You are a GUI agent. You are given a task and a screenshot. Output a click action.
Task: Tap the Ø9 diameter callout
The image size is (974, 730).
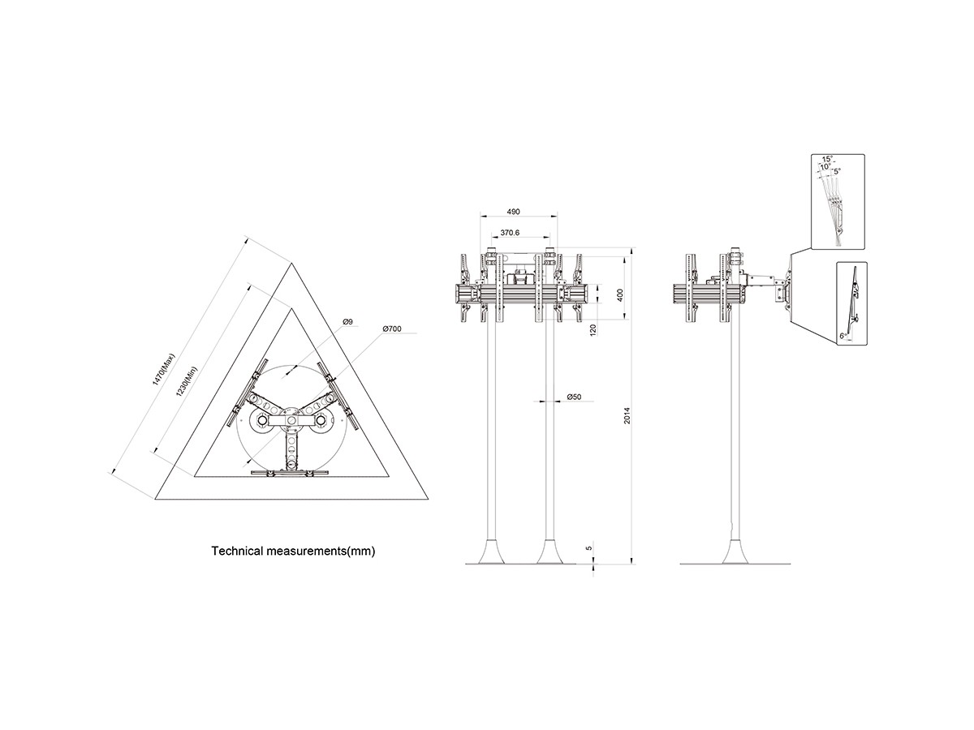347,322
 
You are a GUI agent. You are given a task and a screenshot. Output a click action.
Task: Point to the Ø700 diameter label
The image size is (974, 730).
393,329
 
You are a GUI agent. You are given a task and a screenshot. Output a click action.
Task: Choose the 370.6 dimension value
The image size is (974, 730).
510,232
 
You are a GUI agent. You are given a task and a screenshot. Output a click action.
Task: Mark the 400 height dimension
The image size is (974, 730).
618,294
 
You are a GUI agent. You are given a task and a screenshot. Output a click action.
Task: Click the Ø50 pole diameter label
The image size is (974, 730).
574,397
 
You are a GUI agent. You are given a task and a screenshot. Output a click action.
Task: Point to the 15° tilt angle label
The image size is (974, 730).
826,159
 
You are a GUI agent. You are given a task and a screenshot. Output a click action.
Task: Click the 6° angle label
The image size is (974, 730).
844,334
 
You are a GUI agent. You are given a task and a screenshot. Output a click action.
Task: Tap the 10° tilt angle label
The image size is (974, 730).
825,166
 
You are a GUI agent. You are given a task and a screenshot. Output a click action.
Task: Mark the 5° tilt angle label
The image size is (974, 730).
837,171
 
